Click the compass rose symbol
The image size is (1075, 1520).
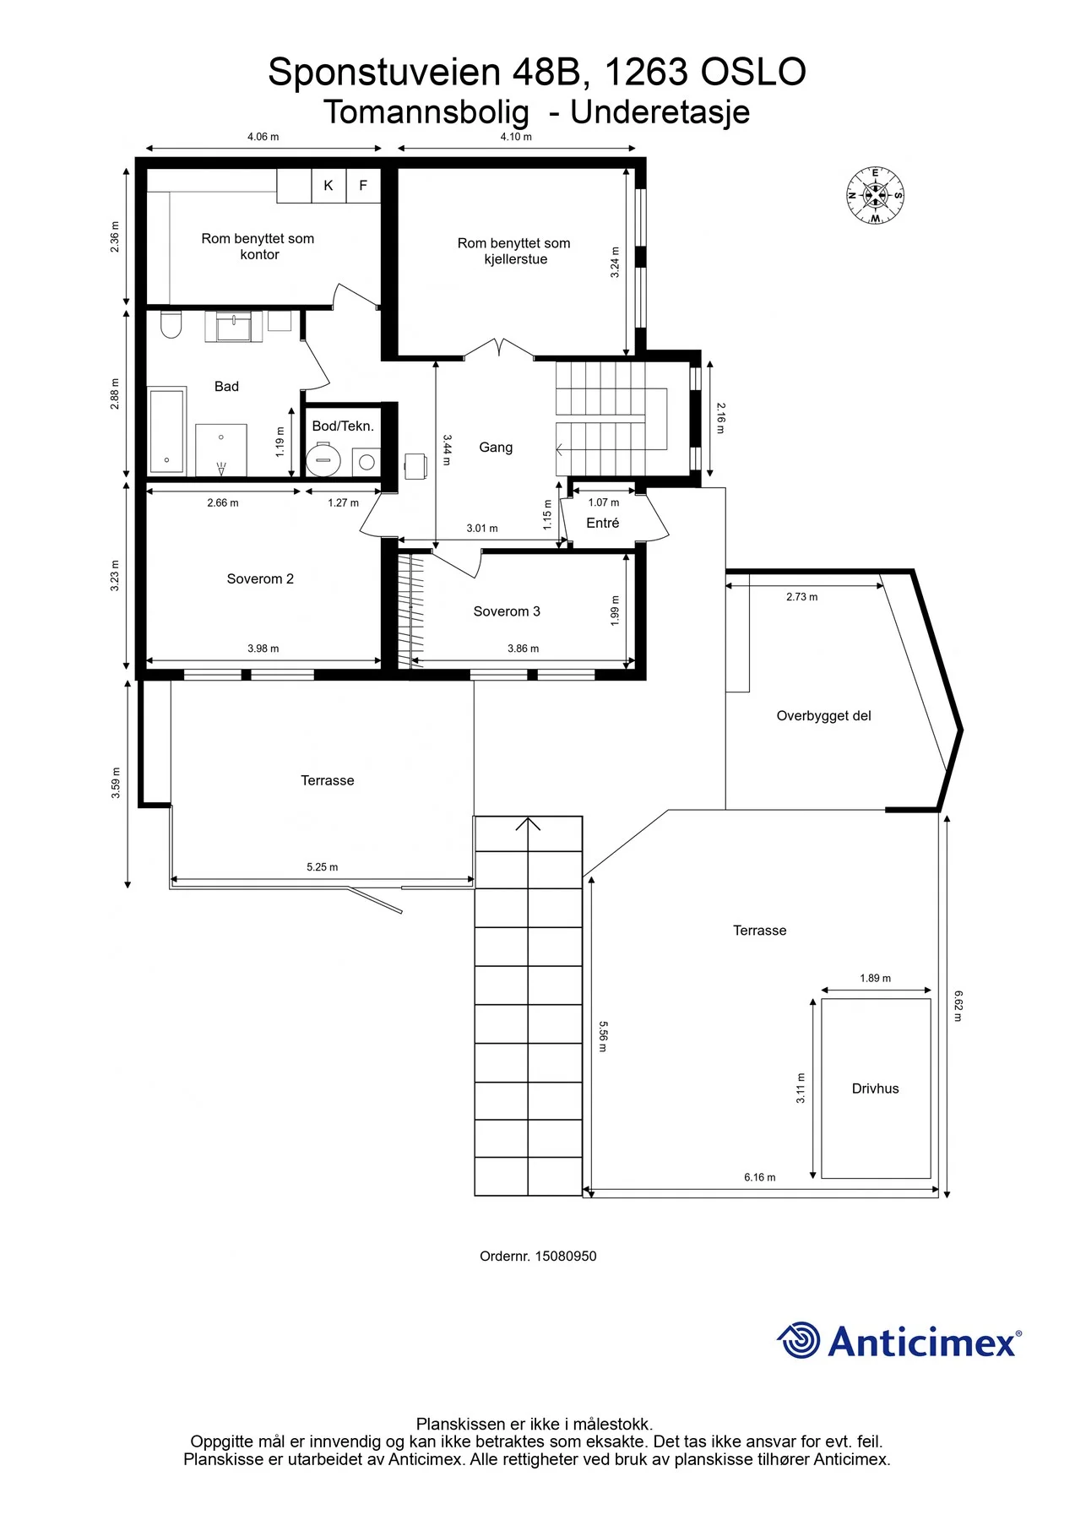(875, 196)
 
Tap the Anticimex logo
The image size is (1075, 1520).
(899, 1342)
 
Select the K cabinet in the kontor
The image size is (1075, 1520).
(328, 186)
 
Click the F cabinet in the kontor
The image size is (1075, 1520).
(363, 186)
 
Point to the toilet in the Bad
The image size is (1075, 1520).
(171, 324)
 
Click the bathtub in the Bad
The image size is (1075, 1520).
(167, 432)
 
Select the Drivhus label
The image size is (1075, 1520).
(875, 1088)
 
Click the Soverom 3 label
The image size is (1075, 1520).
(507, 611)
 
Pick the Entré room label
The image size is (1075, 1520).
(603, 524)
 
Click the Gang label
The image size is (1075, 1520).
(496, 448)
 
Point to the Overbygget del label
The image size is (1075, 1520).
(823, 716)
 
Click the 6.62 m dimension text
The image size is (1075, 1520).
(958, 1006)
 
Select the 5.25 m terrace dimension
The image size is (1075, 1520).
(322, 867)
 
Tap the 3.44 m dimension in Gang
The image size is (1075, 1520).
(447, 450)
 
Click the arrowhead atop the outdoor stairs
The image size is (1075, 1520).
(528, 823)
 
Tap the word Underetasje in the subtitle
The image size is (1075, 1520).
(660, 112)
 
